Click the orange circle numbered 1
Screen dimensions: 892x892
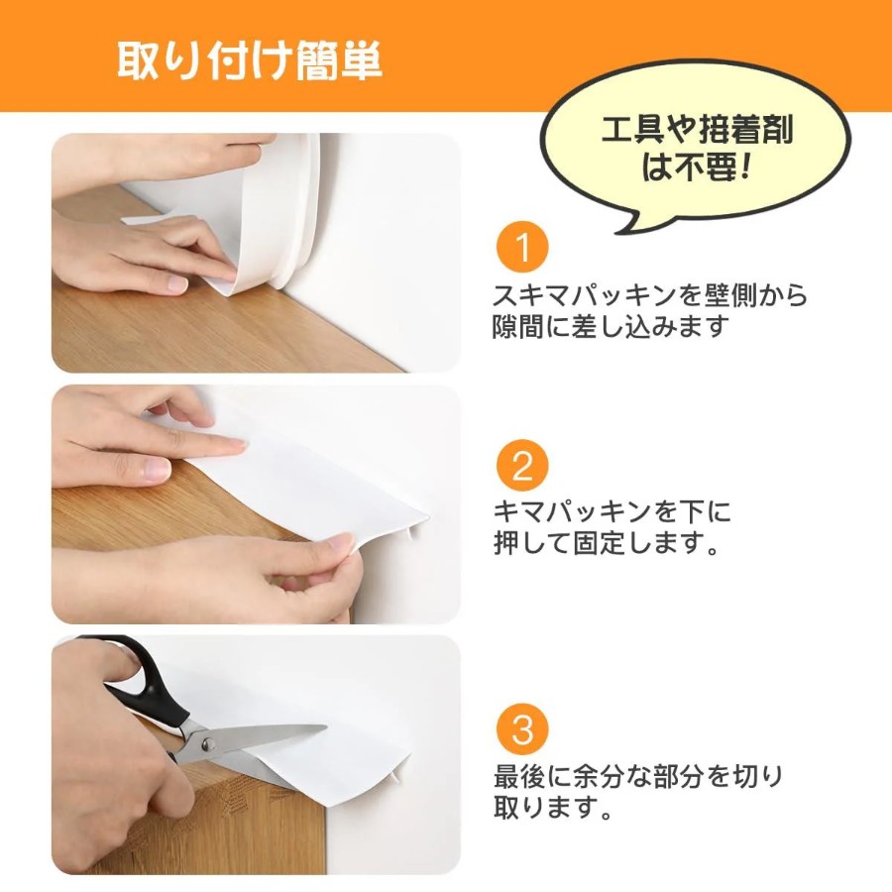coord(522,248)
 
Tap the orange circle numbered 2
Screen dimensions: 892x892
coord(522,467)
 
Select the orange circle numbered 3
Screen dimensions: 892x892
coord(522,729)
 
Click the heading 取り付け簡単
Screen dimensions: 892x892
coord(249,60)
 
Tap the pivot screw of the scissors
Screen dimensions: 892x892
coord(208,742)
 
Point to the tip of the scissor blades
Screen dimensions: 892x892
coord(327,727)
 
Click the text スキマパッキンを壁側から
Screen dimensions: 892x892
coord(649,295)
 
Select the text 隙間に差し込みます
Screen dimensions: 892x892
coord(611,327)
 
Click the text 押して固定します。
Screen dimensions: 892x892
coord(607,543)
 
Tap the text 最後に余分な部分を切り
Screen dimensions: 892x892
coord(637,776)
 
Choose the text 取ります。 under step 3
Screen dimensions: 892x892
coord(552,808)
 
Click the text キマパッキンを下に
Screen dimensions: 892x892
coord(612,511)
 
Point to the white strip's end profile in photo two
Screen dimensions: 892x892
coord(418,526)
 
